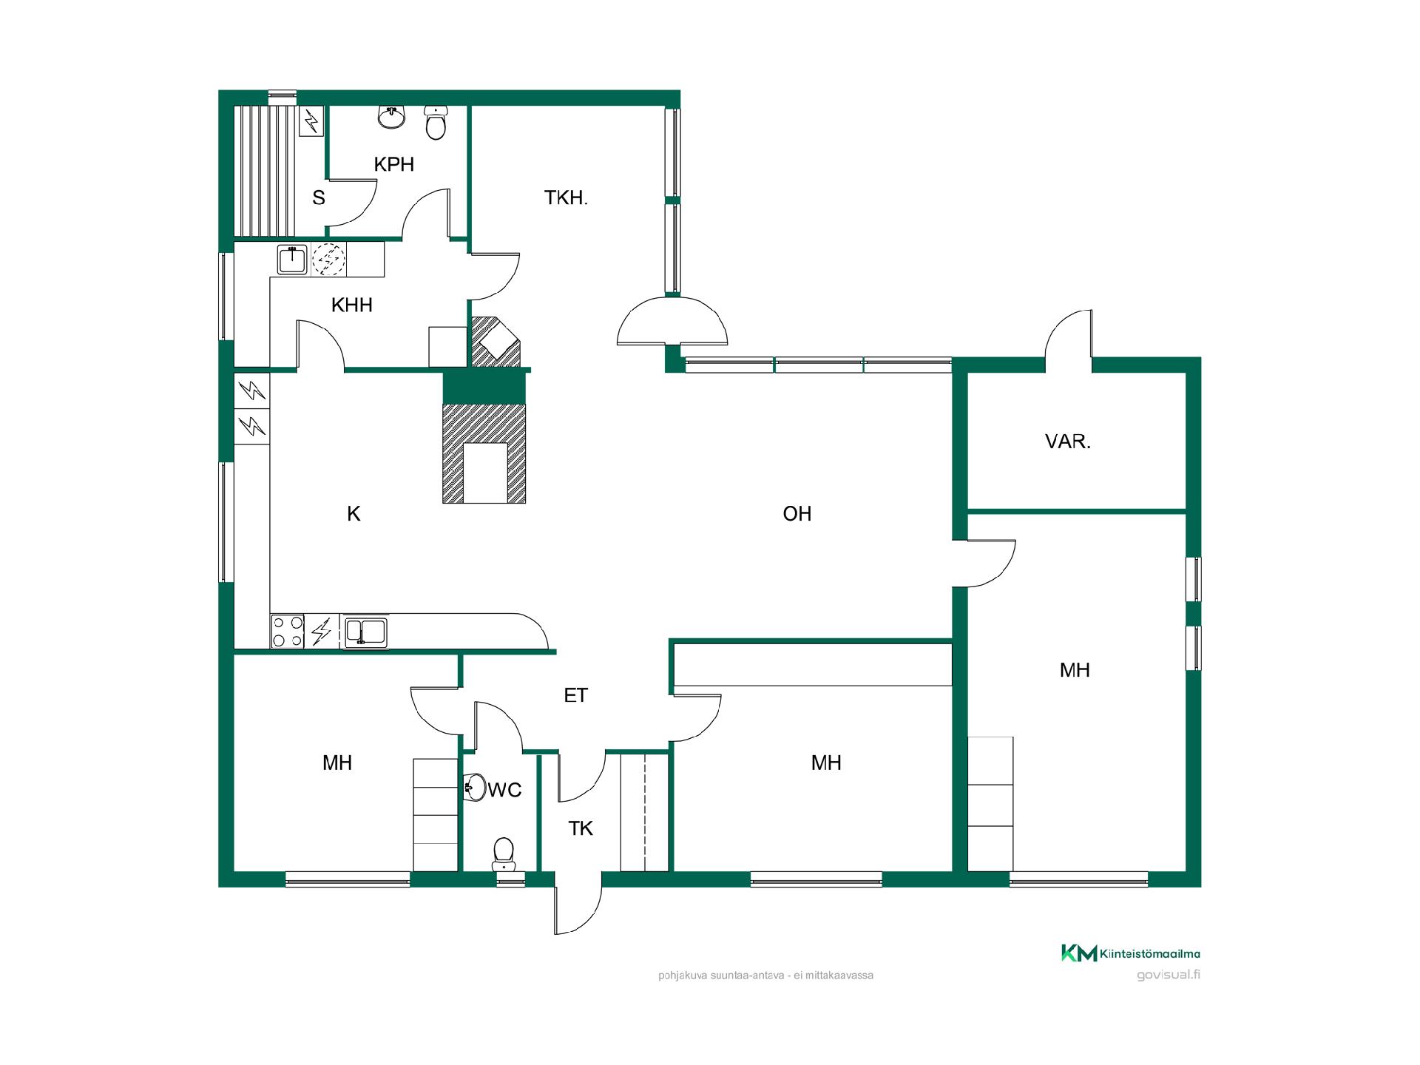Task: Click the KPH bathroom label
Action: [393, 164]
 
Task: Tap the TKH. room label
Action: [566, 197]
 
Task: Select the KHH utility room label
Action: [351, 305]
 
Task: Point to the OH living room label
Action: [797, 513]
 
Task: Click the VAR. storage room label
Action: [1067, 442]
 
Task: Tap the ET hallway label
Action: [575, 695]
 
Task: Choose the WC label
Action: [505, 790]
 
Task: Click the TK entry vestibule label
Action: [581, 828]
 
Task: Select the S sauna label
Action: [319, 197]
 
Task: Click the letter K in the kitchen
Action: [354, 513]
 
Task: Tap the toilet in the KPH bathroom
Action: [436, 123]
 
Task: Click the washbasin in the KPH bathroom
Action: [392, 117]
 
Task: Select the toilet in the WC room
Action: [504, 854]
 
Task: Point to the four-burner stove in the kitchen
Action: [288, 632]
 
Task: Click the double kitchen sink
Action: [365, 632]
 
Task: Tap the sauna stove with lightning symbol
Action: [311, 121]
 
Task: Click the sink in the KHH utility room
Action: [293, 260]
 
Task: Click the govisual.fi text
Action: [1169, 974]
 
